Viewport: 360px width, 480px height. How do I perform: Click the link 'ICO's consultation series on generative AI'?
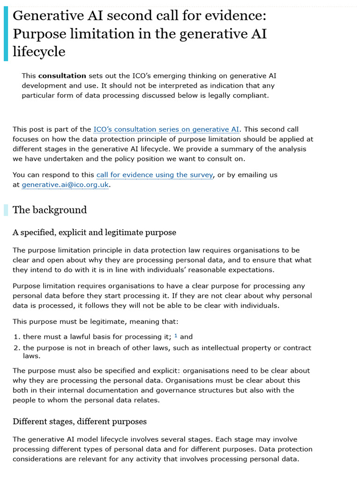click(166, 129)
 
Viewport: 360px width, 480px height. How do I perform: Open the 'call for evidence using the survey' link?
click(155, 175)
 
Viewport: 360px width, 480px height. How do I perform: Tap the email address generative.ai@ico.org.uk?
click(66, 185)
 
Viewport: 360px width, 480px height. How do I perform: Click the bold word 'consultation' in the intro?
click(62, 75)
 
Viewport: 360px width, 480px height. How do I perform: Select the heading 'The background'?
click(50, 210)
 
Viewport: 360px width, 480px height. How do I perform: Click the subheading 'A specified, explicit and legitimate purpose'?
click(94, 232)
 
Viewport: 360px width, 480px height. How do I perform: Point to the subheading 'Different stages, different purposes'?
click(80, 421)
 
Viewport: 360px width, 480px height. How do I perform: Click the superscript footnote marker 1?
click(176, 336)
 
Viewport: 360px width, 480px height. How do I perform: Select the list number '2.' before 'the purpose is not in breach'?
click(17, 348)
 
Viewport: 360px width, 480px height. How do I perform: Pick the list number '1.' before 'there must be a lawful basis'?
click(17, 337)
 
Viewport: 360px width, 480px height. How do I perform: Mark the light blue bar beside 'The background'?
click(6, 210)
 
